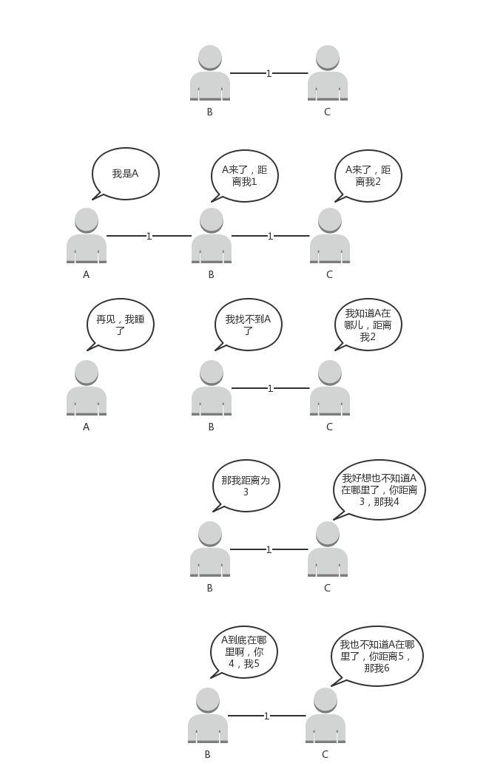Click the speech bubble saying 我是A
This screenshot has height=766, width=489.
(x=126, y=174)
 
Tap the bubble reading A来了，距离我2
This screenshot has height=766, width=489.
(x=368, y=175)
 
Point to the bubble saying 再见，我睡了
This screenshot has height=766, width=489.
(x=121, y=325)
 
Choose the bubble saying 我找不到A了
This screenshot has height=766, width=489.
(x=249, y=325)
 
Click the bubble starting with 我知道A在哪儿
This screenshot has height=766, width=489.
(x=368, y=325)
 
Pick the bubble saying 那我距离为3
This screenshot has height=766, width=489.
(x=246, y=486)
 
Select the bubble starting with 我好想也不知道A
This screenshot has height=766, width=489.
(x=380, y=489)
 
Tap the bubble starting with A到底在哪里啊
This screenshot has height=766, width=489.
(x=243, y=652)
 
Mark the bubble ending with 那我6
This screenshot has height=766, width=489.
(x=377, y=656)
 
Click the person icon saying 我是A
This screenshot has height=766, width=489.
(x=87, y=236)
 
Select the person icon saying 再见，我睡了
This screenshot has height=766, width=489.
(x=87, y=388)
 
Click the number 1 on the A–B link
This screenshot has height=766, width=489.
(x=149, y=237)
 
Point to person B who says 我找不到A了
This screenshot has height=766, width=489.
(x=212, y=388)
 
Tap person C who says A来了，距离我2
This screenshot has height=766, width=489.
(x=330, y=236)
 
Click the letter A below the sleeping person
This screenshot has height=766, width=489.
(x=87, y=427)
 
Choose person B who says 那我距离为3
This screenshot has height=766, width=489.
(x=210, y=549)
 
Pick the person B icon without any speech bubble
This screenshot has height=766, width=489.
(x=210, y=73)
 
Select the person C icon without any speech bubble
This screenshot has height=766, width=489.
(x=328, y=73)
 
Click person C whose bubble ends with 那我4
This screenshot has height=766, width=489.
(x=328, y=549)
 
